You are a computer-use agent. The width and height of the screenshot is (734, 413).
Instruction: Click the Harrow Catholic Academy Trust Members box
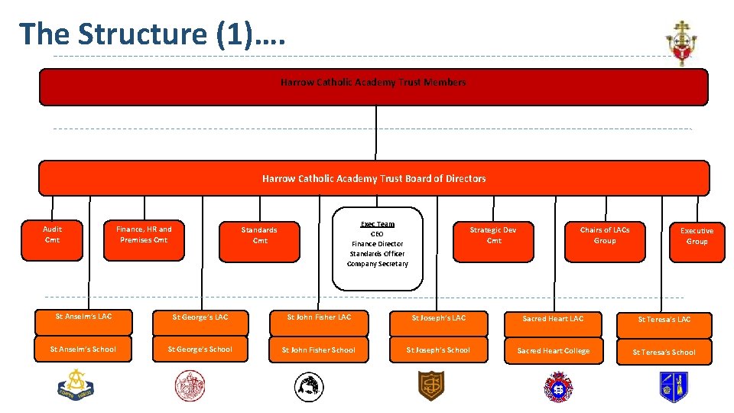click(373, 86)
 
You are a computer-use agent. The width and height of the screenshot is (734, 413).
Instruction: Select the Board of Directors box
click(374, 178)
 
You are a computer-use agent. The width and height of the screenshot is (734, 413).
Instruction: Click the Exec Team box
click(378, 249)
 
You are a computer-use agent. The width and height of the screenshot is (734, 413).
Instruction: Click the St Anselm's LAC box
click(84, 317)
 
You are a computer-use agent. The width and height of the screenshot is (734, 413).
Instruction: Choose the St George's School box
click(200, 350)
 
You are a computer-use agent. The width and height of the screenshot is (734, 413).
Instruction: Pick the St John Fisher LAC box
click(319, 317)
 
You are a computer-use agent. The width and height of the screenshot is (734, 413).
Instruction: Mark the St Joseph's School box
click(438, 350)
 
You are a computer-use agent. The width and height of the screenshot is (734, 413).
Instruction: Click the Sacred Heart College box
click(554, 351)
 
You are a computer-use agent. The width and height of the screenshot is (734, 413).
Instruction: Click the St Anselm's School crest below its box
click(75, 384)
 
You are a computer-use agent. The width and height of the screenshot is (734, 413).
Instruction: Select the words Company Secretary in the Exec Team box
click(378, 264)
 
